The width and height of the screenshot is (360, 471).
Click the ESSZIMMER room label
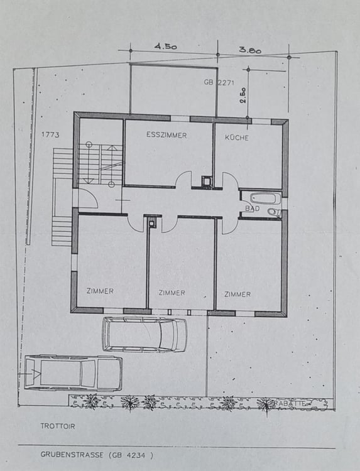[166, 135]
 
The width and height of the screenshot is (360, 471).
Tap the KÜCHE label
[236, 137]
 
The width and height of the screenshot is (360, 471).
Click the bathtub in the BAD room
[261, 198]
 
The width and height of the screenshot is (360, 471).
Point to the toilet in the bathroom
[273, 212]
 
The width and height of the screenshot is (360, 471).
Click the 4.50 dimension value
[166, 46]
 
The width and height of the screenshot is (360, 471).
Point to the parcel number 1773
[50, 134]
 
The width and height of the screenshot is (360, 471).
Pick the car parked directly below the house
[145, 334]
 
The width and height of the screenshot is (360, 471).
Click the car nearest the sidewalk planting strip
[73, 372]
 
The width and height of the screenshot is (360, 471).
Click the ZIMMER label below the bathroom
[237, 294]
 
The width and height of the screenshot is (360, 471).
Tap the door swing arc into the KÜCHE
[230, 180]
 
